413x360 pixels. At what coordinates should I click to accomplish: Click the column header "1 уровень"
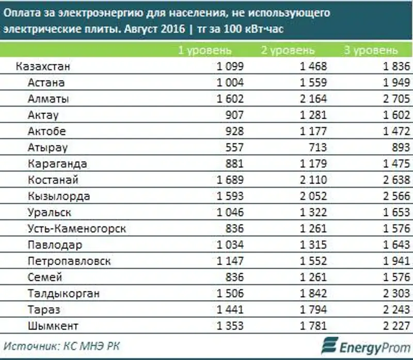tap(205, 51)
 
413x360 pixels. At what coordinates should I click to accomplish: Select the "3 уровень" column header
tap(371, 51)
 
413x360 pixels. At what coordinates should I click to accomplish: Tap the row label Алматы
tap(49, 99)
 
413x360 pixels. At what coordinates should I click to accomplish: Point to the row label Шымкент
tap(53, 325)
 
